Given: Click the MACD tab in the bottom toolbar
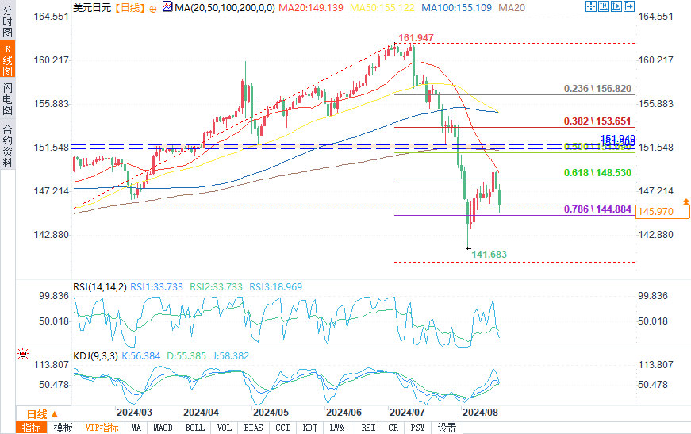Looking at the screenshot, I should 163,428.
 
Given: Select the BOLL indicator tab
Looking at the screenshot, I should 194,428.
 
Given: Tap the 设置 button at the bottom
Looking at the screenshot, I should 447,428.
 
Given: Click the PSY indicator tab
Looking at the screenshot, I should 417,428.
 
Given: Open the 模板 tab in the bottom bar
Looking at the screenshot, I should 63,428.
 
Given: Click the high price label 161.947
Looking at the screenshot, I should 416,38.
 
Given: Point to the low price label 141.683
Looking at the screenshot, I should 489,254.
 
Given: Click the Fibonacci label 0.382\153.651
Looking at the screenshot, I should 597,121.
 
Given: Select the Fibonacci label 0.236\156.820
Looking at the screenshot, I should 597,89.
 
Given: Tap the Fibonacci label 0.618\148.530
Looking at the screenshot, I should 597,173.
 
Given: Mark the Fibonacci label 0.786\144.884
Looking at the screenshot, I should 597,209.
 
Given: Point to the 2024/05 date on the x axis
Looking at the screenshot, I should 271,413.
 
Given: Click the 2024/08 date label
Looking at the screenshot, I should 480,413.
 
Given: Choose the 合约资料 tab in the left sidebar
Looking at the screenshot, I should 8,146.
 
